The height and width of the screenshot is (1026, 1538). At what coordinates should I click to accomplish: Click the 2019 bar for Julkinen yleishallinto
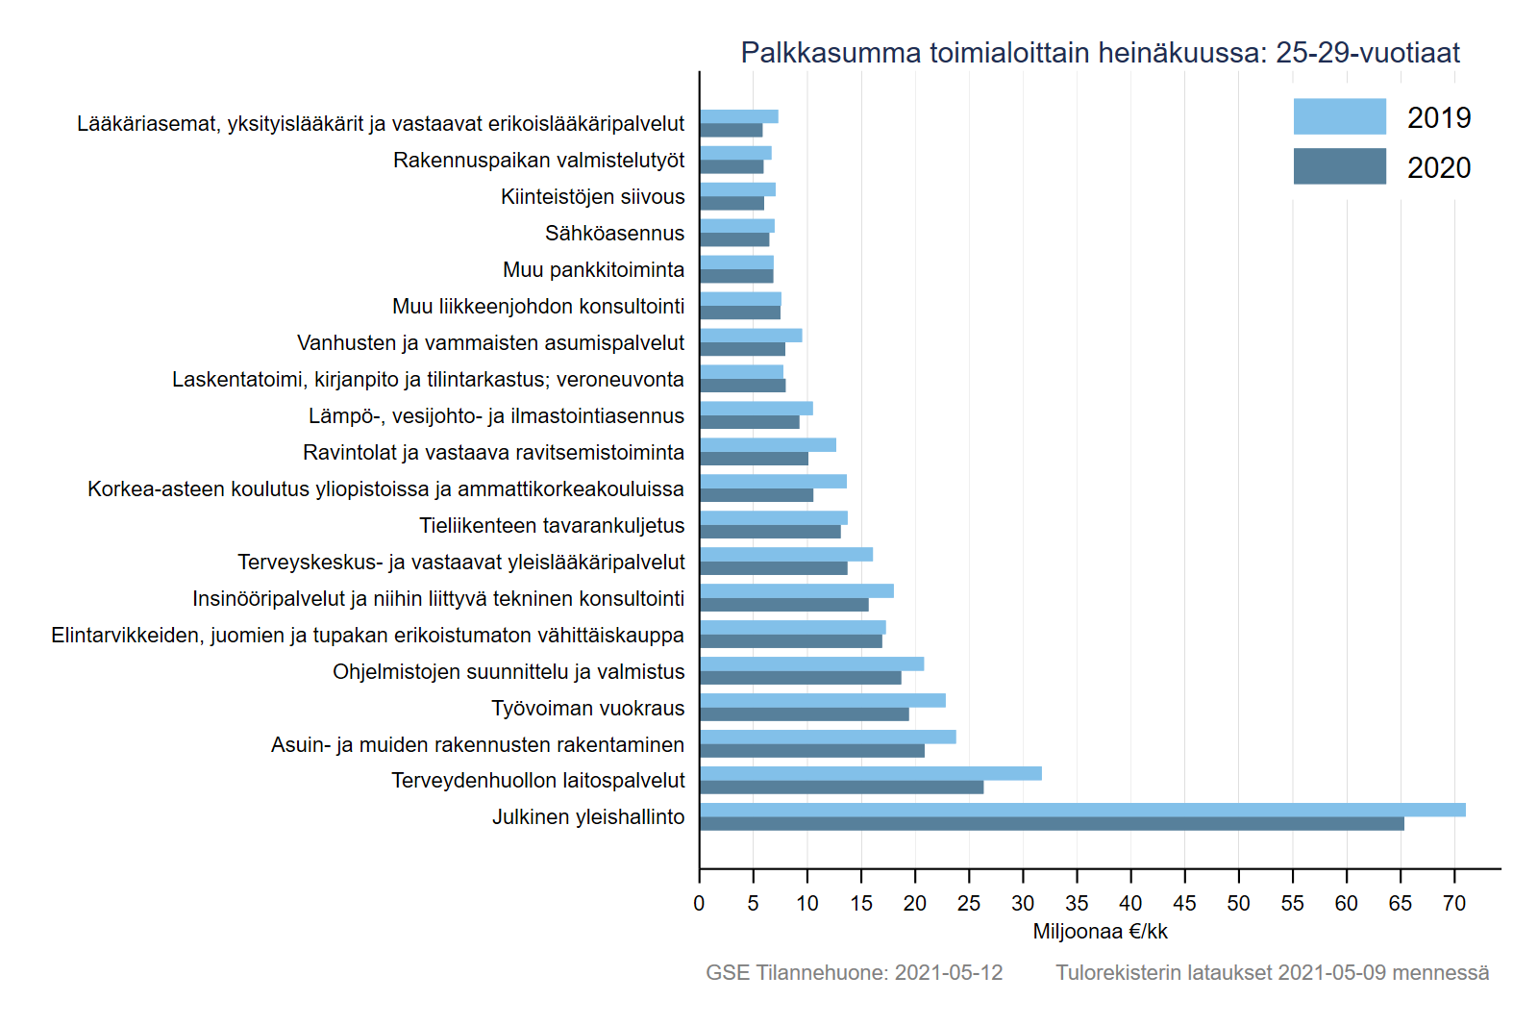coord(1081,810)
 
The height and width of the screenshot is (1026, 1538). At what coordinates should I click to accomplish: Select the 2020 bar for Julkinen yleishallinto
coord(1052,824)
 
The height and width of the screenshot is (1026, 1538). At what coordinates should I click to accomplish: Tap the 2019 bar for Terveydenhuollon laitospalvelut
coord(870,773)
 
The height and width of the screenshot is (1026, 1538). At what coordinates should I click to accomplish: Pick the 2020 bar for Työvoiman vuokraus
coord(804,714)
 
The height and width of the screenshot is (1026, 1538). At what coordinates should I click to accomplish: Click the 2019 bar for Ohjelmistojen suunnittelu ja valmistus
coord(811,663)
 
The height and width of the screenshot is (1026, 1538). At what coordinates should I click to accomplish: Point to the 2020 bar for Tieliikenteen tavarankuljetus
coord(770,532)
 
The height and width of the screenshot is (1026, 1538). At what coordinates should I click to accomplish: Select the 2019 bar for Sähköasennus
coord(736,226)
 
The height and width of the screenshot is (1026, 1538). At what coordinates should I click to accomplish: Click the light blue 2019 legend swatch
coord(1339,116)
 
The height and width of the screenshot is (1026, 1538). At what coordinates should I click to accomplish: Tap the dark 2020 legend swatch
coord(1339,166)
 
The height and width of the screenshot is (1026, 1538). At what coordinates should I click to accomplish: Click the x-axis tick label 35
coord(1077,904)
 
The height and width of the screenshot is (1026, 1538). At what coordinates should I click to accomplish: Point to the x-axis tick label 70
coord(1454,904)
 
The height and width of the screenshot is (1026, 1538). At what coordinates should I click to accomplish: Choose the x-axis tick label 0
coord(699,904)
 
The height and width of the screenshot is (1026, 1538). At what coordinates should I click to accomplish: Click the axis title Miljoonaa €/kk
coord(1100,932)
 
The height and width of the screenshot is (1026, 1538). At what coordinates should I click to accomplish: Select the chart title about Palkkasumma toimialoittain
coord(1100,53)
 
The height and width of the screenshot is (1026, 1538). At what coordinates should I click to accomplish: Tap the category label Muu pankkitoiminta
coord(593,270)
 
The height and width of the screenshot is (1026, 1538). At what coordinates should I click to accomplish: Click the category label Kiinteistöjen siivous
coord(592,197)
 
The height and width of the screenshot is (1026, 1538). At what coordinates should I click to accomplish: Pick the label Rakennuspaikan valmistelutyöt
coord(538,161)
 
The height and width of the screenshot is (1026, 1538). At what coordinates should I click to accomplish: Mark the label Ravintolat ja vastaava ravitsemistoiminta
coord(493,453)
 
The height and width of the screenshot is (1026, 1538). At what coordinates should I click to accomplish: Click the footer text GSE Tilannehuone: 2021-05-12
coord(854,973)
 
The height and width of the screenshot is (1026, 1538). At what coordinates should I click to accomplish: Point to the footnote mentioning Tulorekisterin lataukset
coord(1272,973)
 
